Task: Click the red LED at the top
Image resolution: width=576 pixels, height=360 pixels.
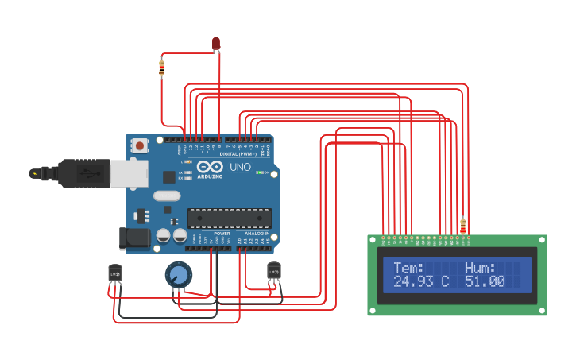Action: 215,43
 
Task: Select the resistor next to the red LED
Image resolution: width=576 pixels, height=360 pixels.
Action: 162,68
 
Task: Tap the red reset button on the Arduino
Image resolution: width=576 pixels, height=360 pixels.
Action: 141,145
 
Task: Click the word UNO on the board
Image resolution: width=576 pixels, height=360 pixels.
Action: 240,168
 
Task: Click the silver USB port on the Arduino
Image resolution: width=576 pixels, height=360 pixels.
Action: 128,173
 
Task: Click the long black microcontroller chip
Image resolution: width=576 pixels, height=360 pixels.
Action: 229,217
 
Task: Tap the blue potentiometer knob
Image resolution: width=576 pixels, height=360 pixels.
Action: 178,276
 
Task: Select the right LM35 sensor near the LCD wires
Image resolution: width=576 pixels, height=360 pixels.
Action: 274,271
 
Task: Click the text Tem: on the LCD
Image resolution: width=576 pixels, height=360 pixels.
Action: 408,268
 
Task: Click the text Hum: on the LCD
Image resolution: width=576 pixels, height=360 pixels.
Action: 480,268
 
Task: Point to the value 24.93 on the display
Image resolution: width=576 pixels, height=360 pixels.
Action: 413,281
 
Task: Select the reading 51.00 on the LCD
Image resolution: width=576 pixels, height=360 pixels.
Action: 485,281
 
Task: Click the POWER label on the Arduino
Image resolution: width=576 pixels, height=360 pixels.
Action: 222,234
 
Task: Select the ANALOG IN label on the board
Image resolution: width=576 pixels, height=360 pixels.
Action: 256,234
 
